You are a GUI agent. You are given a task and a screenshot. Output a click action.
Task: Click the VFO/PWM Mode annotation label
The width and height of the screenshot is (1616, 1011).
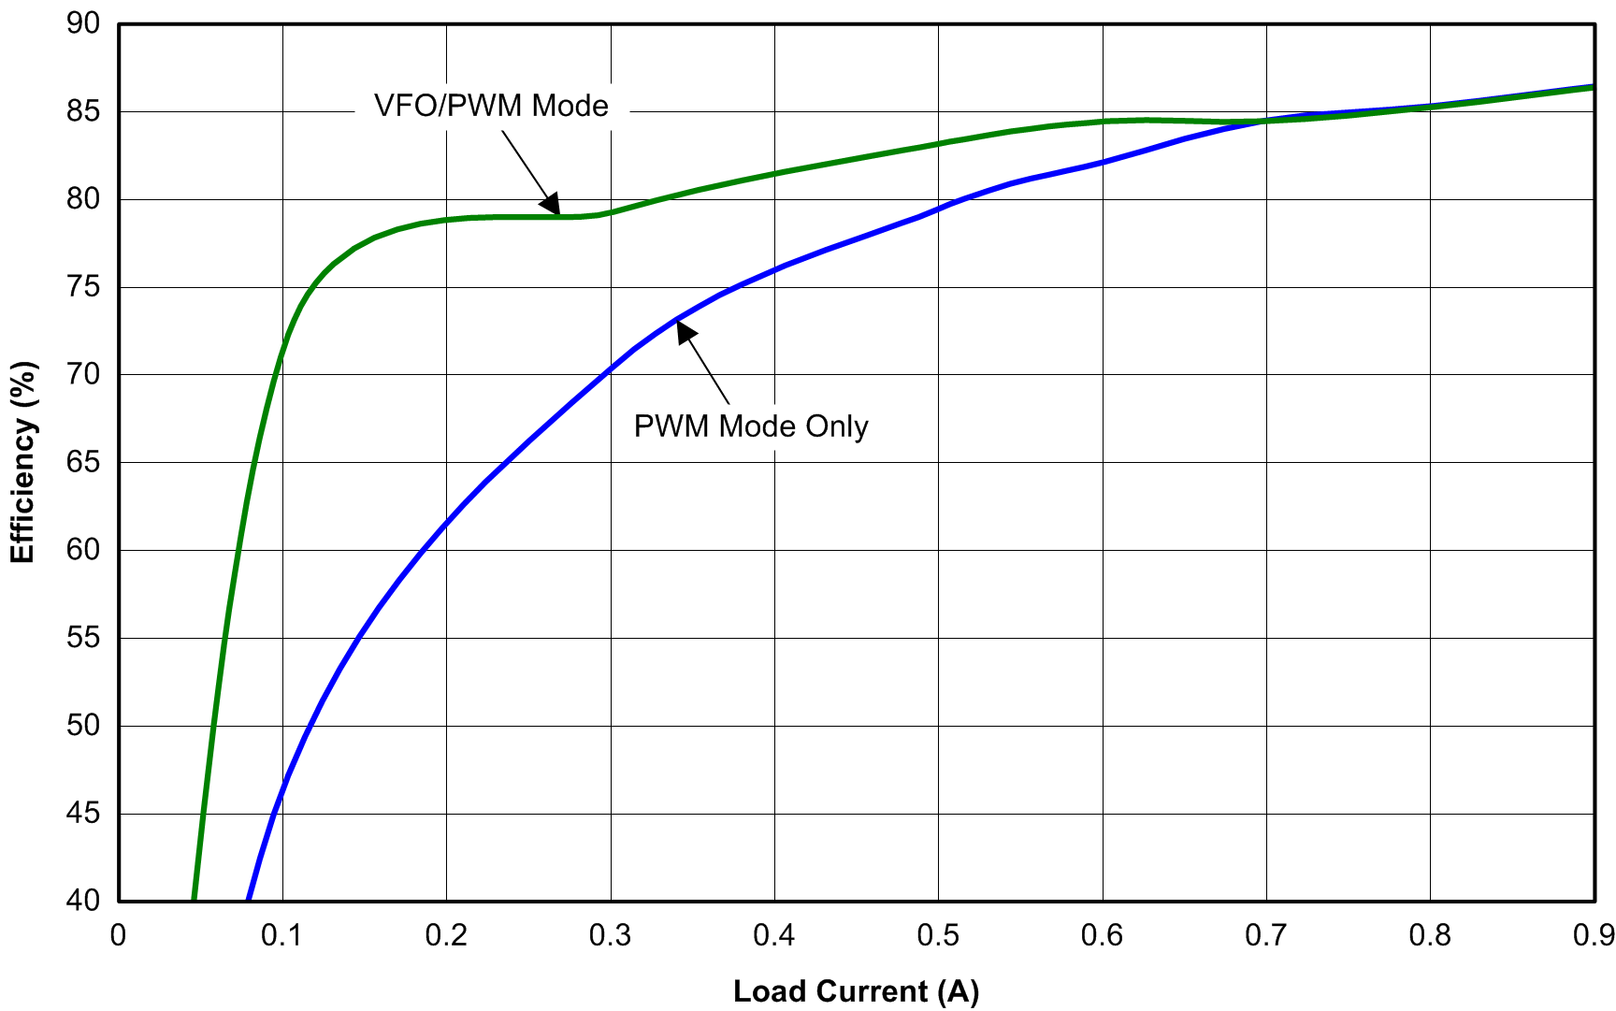click(491, 106)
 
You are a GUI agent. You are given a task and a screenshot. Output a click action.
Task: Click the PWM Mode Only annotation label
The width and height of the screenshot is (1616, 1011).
click(751, 426)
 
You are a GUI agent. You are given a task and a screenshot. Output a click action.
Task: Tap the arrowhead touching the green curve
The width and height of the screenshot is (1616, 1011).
click(550, 204)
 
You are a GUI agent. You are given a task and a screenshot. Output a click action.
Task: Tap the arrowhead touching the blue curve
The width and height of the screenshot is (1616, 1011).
click(686, 332)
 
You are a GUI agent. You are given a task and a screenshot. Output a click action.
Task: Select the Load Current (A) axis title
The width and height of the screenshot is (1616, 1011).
click(856, 991)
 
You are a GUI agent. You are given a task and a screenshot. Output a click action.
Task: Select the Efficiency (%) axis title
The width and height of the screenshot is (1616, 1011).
click(22, 462)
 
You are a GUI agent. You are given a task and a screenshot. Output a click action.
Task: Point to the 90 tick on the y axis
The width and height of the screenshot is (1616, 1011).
click(83, 24)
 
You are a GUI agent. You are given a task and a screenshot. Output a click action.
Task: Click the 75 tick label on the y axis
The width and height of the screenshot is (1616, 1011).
click(83, 287)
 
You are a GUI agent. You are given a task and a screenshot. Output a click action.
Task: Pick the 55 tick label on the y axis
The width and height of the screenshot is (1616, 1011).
click(83, 638)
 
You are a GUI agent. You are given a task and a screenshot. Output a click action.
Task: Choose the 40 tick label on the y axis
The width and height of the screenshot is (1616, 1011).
click(83, 901)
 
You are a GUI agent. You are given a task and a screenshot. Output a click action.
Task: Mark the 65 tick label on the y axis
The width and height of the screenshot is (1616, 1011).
click(83, 462)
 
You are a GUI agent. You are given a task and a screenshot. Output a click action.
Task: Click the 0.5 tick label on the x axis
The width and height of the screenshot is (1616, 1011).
click(938, 935)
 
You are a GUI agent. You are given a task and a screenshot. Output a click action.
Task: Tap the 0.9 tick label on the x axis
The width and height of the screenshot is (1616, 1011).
click(1593, 935)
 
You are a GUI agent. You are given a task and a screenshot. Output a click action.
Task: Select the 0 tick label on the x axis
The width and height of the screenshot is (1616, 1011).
click(119, 935)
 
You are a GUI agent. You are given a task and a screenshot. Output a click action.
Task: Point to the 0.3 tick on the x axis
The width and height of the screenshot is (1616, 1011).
click(611, 935)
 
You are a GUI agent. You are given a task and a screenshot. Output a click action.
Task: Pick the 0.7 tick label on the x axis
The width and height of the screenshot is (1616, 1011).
click(1266, 935)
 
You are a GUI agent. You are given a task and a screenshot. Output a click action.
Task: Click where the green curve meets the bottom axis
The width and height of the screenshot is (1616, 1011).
click(194, 900)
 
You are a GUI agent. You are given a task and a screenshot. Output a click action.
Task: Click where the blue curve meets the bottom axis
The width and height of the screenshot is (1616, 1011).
click(248, 900)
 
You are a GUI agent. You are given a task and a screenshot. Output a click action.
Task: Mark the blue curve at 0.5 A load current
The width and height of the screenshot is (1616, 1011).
click(939, 208)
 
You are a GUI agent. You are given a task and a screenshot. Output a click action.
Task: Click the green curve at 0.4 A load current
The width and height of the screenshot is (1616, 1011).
click(775, 173)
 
